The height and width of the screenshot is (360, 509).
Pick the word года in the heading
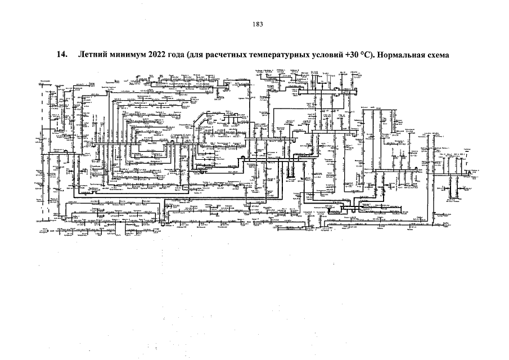tap(183, 56)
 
